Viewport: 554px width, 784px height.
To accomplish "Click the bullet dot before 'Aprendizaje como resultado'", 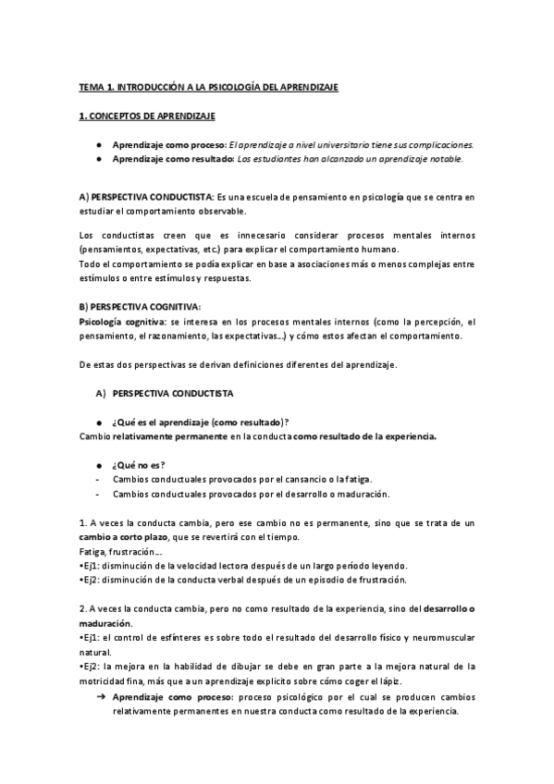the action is pyautogui.click(x=99, y=158).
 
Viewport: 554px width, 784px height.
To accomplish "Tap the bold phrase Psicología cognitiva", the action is pyautogui.click(x=116, y=321).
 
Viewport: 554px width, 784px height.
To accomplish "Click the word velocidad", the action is pyautogui.click(x=208, y=565).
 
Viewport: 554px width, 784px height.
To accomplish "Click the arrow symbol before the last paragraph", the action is pyautogui.click(x=100, y=695).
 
